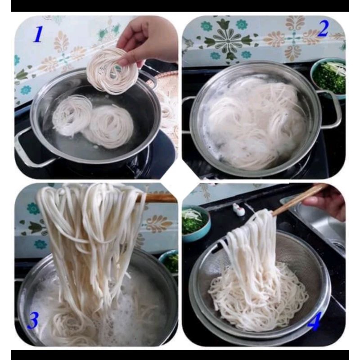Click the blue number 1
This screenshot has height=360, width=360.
point(38,34)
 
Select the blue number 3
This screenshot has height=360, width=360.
point(33,320)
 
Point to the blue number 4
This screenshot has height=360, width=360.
point(314,322)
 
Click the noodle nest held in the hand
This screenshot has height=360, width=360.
point(112,71)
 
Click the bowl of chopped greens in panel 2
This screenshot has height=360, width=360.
point(329,78)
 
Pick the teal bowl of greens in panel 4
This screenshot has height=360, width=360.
point(196,223)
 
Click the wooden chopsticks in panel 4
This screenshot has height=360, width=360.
point(298,200)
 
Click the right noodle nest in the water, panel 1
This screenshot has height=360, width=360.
point(109,127)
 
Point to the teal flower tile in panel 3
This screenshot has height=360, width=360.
point(33,208)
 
